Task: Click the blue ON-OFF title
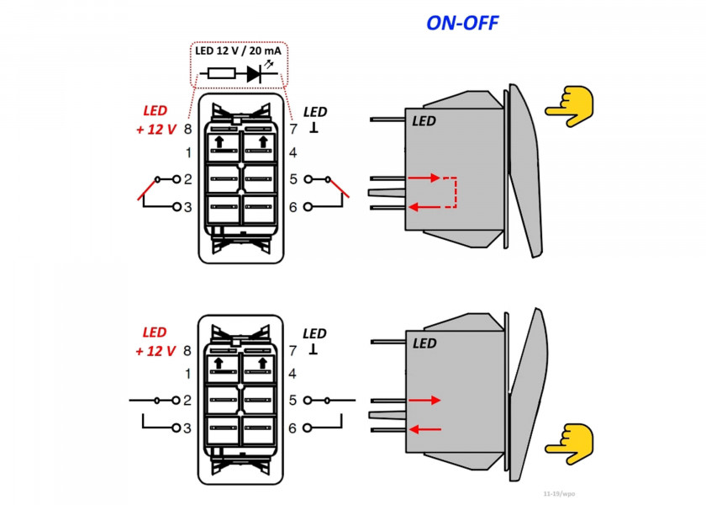(462, 23)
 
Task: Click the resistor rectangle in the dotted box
(222, 74)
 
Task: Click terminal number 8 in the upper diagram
(188, 129)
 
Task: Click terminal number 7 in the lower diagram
(293, 351)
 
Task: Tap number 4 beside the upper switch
(293, 153)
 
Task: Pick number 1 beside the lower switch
(188, 373)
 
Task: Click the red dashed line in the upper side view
(455, 192)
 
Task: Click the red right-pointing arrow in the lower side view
(424, 401)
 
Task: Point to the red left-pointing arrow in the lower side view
(424, 428)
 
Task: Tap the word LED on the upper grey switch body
(424, 121)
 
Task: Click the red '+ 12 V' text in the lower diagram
(155, 351)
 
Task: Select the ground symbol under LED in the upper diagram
(314, 129)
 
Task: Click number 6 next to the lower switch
(293, 428)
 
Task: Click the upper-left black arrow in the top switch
(219, 141)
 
